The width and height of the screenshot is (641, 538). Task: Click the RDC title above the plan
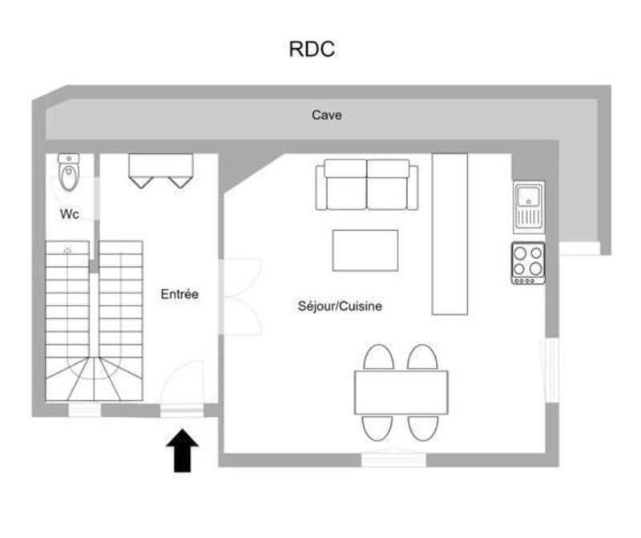tap(311, 49)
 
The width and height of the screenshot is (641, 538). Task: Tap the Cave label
tap(327, 115)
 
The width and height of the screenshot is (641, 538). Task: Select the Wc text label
tap(69, 215)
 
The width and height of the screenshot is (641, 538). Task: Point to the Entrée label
tap(179, 294)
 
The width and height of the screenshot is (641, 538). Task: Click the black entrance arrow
tap(184, 450)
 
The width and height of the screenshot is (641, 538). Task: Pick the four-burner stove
tap(528, 262)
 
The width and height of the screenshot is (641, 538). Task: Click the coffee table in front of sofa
tap(365, 250)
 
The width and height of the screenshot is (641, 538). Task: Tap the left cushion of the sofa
tap(345, 186)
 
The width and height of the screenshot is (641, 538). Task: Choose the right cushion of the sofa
tap(389, 186)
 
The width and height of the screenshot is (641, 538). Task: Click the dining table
tap(401, 392)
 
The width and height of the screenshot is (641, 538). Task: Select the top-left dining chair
tap(378, 357)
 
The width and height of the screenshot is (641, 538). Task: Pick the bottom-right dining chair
tap(422, 427)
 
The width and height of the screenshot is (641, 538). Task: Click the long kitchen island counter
tap(450, 233)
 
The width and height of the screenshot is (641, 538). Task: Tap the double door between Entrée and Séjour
tap(240, 295)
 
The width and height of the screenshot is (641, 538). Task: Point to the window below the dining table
tap(392, 459)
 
